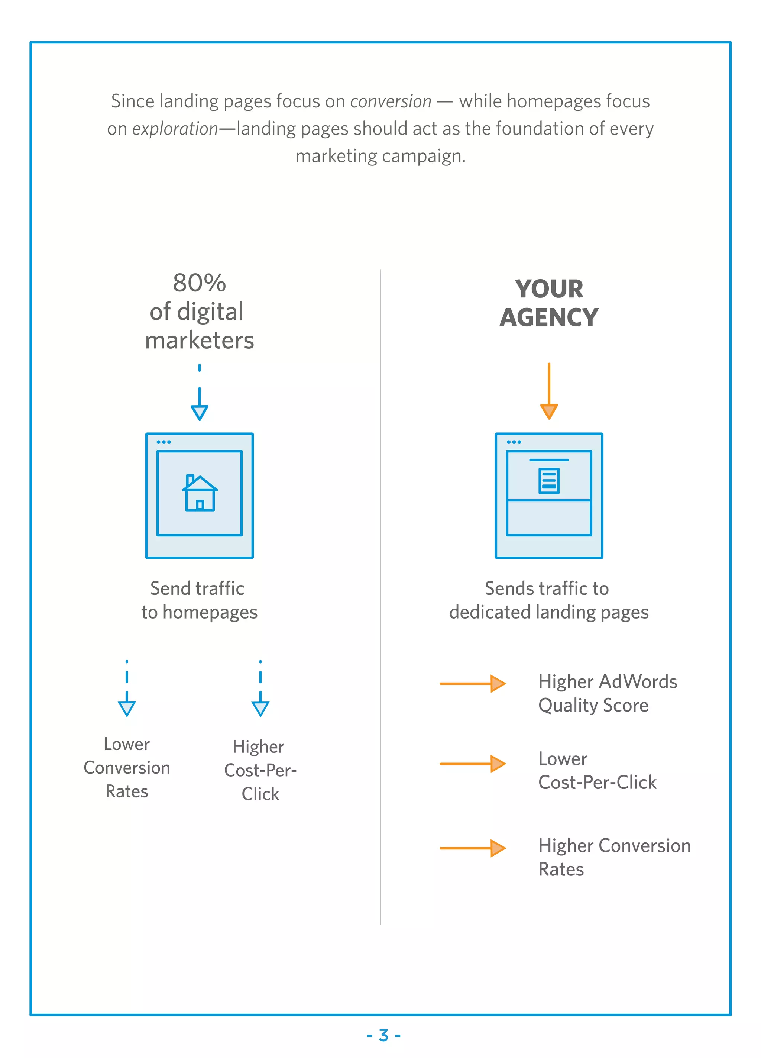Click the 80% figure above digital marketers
pyautogui.click(x=199, y=283)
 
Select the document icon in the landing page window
pyautogui.click(x=549, y=480)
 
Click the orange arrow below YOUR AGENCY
pyautogui.click(x=549, y=392)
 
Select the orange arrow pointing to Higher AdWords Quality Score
pyautogui.click(x=473, y=683)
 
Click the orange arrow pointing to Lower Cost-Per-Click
pyautogui.click(x=473, y=764)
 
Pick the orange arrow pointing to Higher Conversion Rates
pyautogui.click(x=473, y=848)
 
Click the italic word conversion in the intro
pyautogui.click(x=391, y=101)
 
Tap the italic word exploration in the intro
pyautogui.click(x=175, y=129)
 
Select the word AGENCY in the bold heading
pyautogui.click(x=549, y=318)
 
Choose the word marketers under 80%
pyautogui.click(x=200, y=341)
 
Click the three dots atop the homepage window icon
pyautogui.click(x=163, y=442)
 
